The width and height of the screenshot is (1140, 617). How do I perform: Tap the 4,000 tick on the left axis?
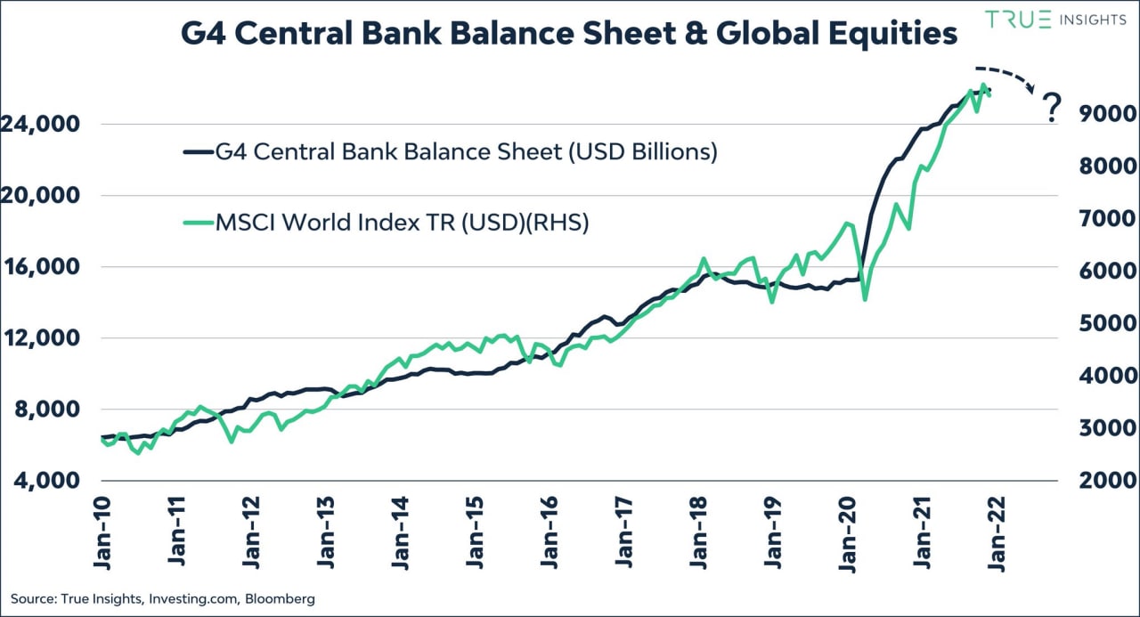tap(50, 480)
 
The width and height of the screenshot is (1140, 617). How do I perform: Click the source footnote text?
tap(163, 599)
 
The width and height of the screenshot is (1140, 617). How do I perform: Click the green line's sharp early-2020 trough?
tap(866, 299)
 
